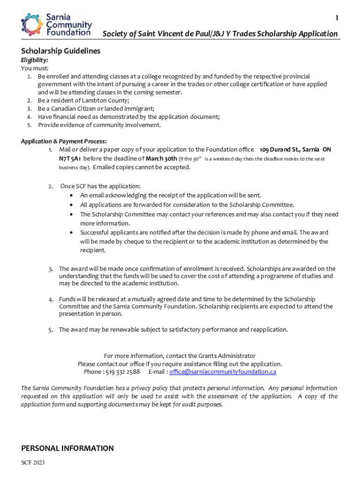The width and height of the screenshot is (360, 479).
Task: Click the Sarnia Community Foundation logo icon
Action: tap(32, 24)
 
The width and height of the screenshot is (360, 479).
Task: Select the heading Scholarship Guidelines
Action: tap(61, 51)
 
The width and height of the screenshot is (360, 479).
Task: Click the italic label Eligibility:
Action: tap(35, 60)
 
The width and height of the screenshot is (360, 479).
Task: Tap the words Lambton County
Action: tap(107, 100)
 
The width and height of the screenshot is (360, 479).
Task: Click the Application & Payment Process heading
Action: tap(64, 141)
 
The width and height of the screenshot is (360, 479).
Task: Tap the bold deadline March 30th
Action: tap(160, 159)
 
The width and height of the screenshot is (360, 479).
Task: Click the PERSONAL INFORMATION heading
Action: tap(67, 448)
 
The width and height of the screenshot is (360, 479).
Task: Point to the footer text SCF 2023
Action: tap(33, 463)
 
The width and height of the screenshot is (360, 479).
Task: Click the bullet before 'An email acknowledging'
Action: tap(71, 196)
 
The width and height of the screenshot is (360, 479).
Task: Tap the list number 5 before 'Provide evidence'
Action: tap(29, 125)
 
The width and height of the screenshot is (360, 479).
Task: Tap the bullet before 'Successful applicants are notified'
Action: tap(71, 232)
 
